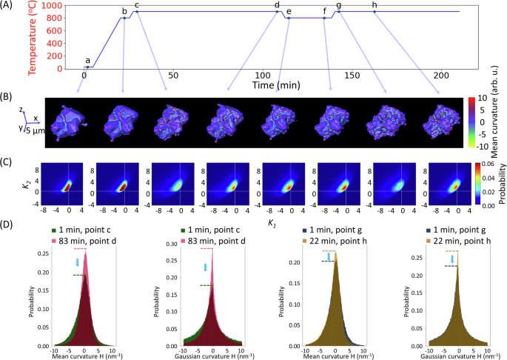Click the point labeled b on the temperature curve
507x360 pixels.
coord(124,18)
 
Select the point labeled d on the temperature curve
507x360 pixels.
coord(277,11)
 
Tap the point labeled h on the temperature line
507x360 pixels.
coord(375,11)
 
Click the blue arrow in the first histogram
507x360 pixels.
coord(76,264)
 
